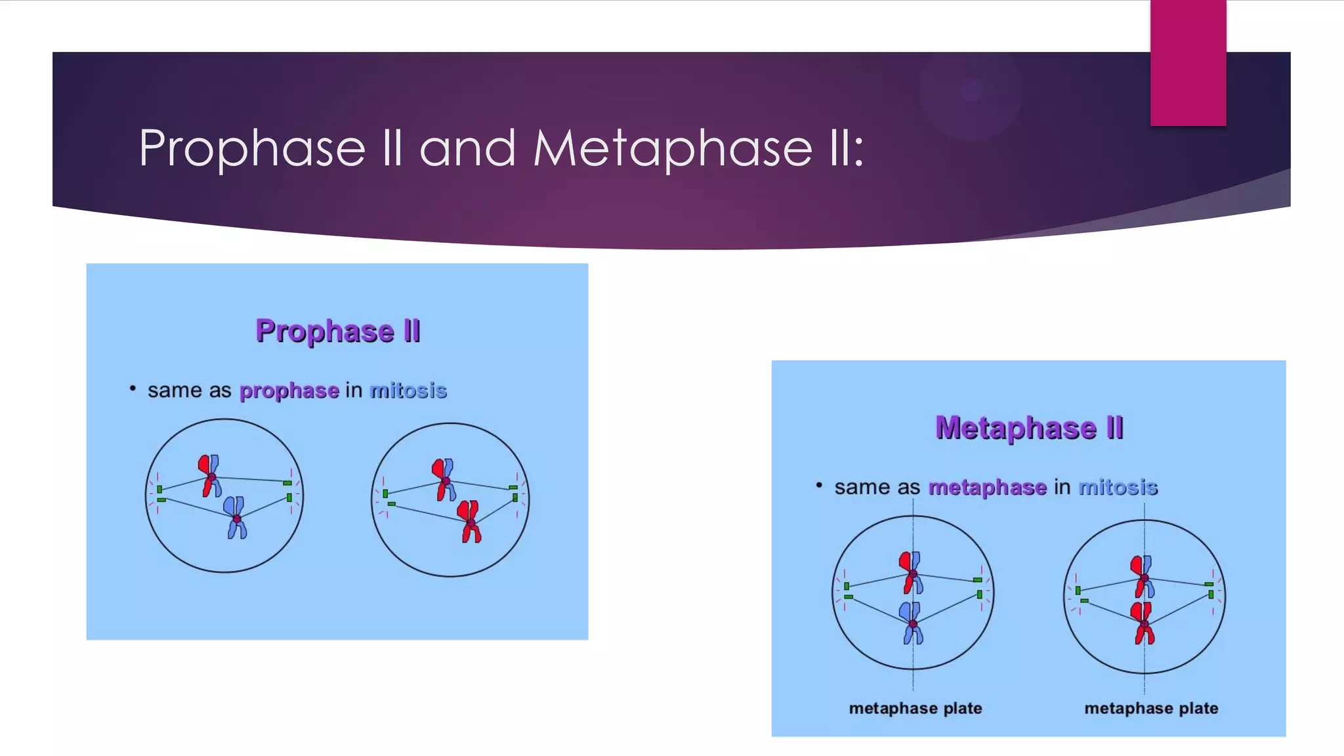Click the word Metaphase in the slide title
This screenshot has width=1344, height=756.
pos(673,148)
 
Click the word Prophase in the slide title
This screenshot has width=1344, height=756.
pos(252,148)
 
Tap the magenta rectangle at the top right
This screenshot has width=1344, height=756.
pos(1188,62)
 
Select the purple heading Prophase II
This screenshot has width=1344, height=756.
pos(338,331)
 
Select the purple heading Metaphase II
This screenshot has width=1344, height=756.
pos(1029,428)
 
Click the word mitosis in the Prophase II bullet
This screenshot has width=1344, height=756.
pos(408,390)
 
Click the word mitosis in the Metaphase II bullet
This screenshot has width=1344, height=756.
pos(1118,487)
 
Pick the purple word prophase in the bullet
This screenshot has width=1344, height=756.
pos(289,390)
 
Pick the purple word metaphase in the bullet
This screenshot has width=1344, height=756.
pos(987,487)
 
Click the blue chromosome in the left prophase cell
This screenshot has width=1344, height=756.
pos(236,518)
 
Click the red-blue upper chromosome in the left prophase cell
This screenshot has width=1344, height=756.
pos(210,476)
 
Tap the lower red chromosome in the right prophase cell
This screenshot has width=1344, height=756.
pos(470,522)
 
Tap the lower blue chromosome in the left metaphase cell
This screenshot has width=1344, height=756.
pos(912,623)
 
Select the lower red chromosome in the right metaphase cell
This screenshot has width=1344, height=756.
pos(1143,623)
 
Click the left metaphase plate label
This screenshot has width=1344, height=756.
pos(915,708)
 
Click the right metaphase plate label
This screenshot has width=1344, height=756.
pos(1151,708)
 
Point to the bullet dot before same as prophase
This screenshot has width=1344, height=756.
pos(133,388)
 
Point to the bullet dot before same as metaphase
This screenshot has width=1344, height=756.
pos(819,485)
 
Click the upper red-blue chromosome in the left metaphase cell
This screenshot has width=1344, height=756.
pos(912,572)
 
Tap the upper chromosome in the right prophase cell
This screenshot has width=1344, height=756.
pos(444,480)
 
